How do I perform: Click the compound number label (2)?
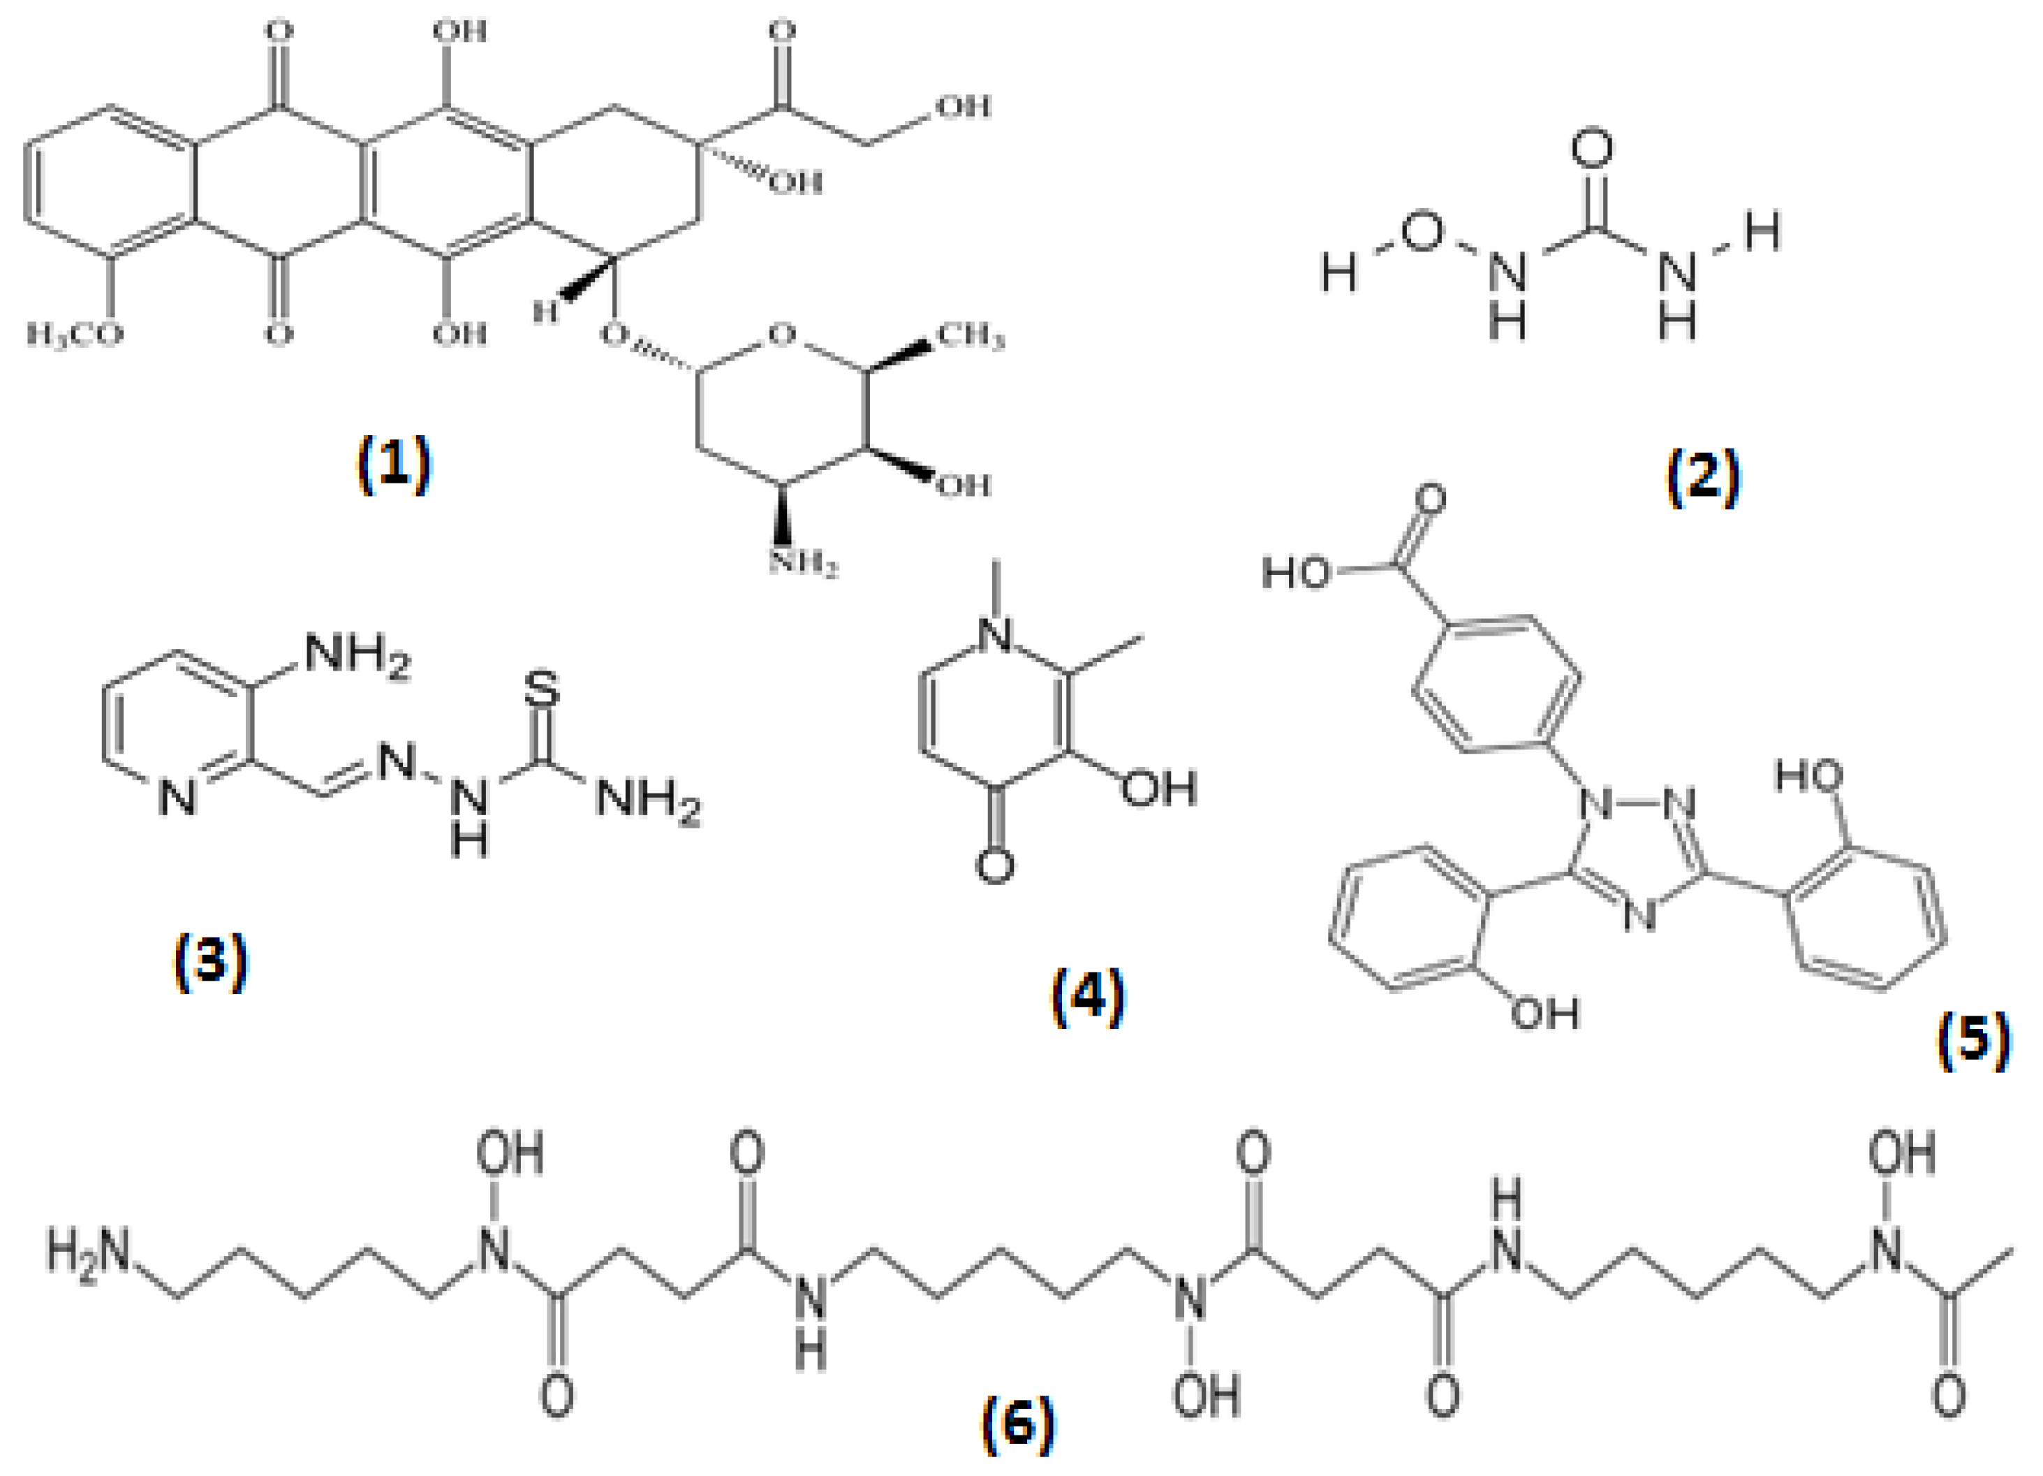tap(1702, 476)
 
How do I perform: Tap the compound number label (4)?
tap(1088, 995)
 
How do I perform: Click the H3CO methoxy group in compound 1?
tap(75, 335)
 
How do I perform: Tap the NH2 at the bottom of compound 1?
tap(804, 564)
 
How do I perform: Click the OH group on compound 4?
tap(1158, 787)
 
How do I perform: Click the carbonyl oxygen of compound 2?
tap(1592, 149)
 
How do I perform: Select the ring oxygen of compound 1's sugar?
tap(782, 335)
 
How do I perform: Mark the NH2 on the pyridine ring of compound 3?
tap(357, 655)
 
